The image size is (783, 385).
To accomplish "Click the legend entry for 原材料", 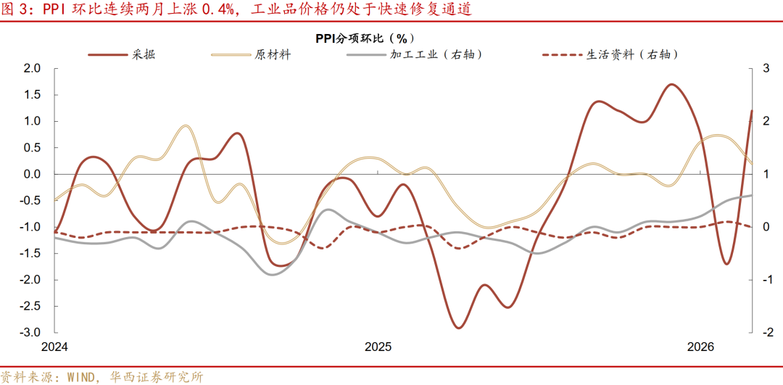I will click(x=273, y=54).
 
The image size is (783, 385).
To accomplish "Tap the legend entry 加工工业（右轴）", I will click(x=436, y=54).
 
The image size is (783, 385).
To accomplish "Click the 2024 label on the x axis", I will click(x=54, y=347).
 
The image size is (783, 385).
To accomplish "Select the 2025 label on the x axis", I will click(x=378, y=347).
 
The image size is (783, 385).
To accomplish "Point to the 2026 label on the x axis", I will click(x=700, y=347).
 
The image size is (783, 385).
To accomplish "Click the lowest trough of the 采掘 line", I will click(x=458, y=328).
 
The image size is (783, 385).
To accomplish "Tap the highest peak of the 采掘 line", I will click(x=671, y=84).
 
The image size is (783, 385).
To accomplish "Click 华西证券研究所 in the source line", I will click(x=157, y=377).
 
